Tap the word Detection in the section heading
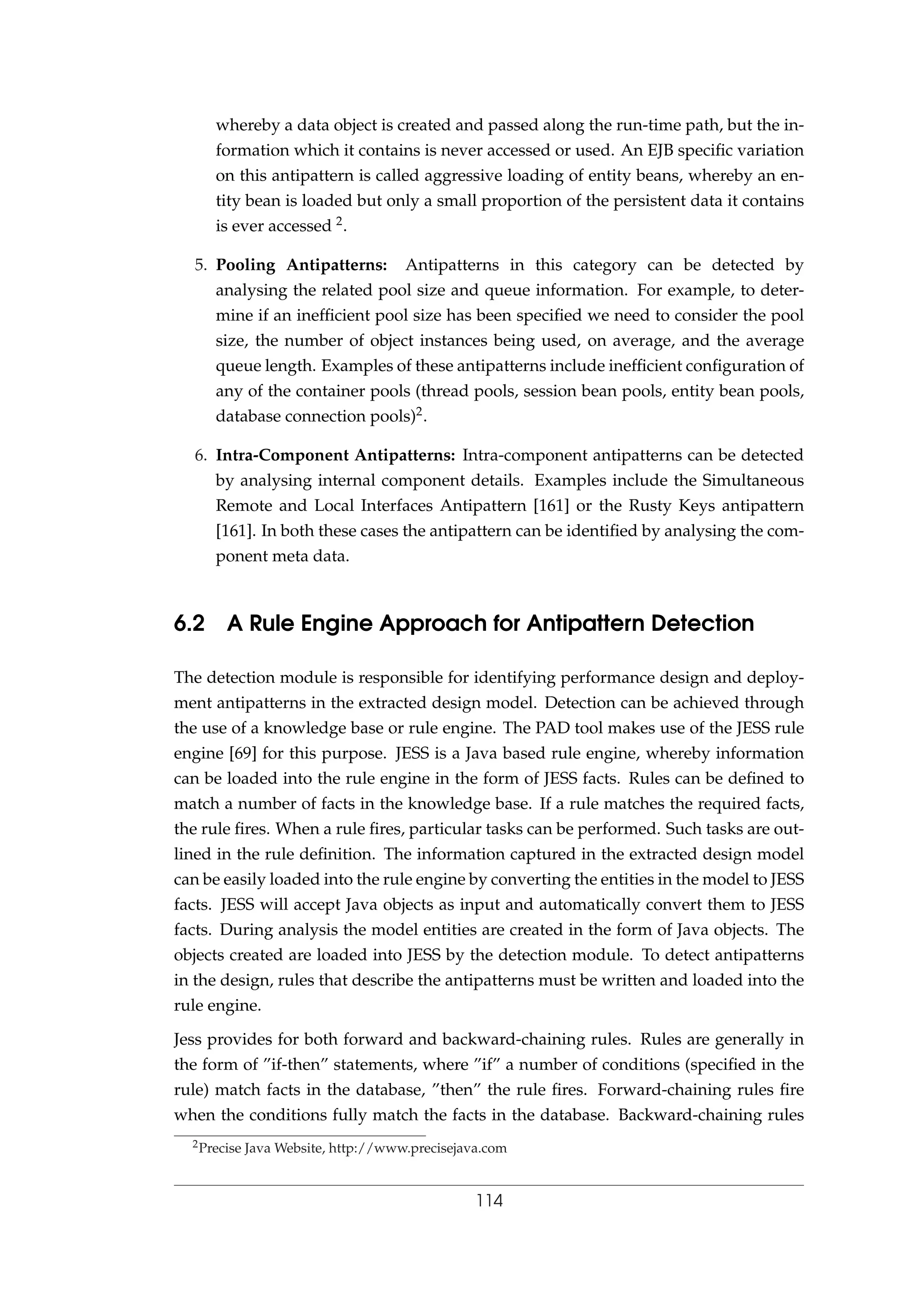pyautogui.click(x=700, y=624)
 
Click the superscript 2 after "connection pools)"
pyautogui.click(x=419, y=412)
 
